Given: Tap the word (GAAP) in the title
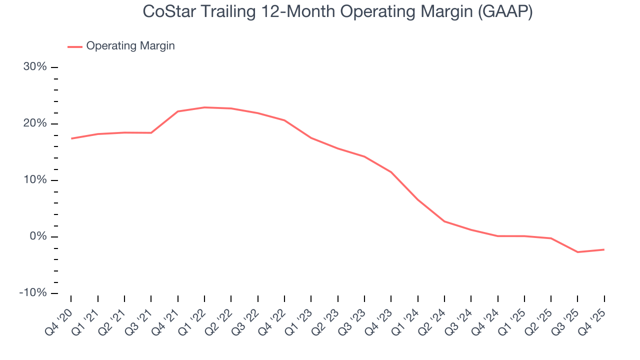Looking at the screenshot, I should (504, 11).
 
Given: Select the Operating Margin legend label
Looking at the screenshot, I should (130, 46).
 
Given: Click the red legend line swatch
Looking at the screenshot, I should (75, 46).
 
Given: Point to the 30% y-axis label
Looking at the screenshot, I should (35, 67).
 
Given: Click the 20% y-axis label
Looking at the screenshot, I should (35, 123).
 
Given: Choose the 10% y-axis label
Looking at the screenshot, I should (35, 180).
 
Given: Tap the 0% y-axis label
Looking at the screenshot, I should (37, 236).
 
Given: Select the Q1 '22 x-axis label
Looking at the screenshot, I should (193, 316).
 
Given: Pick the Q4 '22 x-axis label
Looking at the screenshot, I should (273, 316).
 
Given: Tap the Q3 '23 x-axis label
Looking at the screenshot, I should (353, 316).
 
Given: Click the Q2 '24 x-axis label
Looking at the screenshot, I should (433, 316).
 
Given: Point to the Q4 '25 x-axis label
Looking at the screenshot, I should (593, 316).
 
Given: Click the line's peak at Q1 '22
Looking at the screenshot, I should (204, 107).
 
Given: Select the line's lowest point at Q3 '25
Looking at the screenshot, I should (577, 252).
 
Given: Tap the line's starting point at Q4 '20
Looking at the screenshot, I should (71, 138).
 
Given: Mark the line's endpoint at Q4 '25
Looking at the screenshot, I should (604, 249).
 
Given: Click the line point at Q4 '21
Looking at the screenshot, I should (177, 111).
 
